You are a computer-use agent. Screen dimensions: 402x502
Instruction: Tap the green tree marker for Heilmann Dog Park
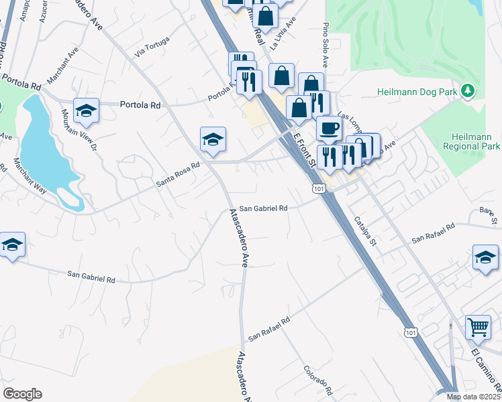468,90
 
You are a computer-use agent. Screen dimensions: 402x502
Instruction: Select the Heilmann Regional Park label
472,141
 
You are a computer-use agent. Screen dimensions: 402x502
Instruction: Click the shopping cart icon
478,327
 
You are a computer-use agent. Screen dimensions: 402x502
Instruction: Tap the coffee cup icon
329,128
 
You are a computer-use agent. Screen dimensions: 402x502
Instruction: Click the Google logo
22,394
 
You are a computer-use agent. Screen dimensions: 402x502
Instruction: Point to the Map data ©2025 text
473,397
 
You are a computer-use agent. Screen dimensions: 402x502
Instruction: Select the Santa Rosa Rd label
178,174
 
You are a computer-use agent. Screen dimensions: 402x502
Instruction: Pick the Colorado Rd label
317,380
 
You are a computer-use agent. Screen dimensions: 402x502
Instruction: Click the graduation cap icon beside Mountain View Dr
86,111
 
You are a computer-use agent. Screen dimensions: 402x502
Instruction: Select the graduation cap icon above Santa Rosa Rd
213,139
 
